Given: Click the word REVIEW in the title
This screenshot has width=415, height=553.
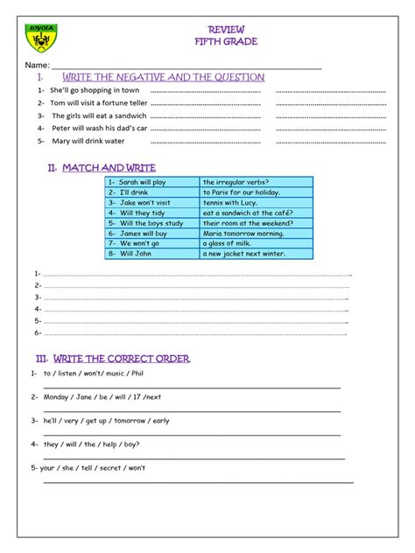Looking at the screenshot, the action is [207, 29].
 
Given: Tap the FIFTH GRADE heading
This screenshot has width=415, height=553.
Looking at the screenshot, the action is [207, 41].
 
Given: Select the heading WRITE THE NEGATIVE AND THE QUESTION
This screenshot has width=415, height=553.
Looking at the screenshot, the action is [163, 77].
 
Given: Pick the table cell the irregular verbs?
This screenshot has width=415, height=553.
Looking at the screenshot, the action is [236, 182].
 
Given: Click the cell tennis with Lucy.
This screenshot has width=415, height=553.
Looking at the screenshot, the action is [231, 202].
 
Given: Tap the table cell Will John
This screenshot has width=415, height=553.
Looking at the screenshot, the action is [135, 254].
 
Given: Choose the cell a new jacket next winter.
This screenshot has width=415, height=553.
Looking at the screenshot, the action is [244, 254].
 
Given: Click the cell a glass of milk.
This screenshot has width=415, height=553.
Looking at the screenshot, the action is [227, 243].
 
